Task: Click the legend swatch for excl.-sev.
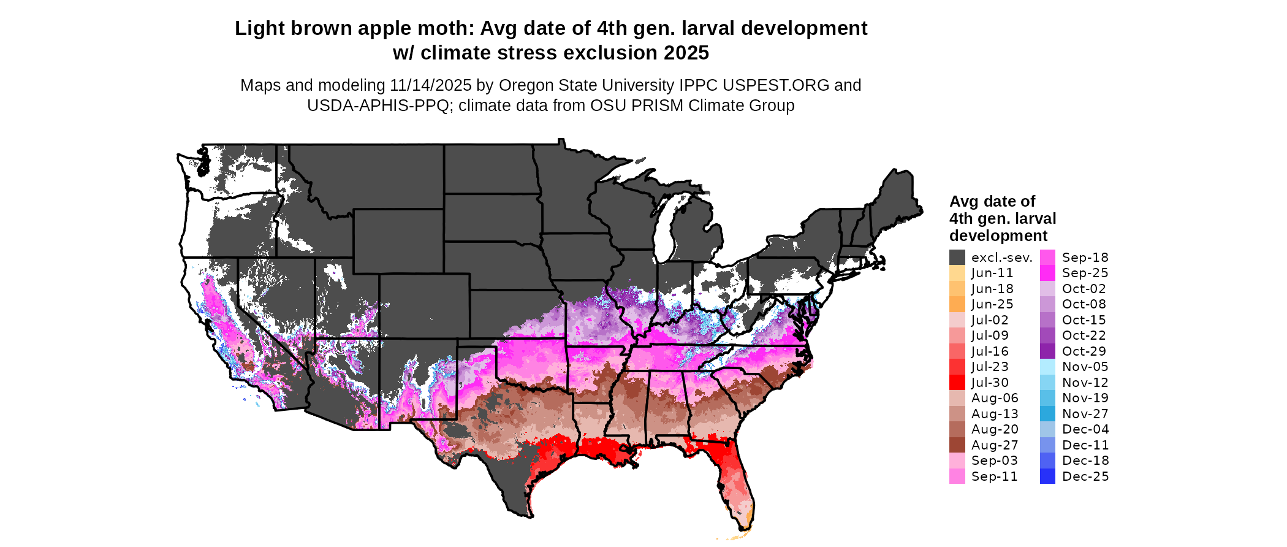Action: click(957, 258)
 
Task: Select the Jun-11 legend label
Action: click(992, 273)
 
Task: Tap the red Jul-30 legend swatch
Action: click(957, 383)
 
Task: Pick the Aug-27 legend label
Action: click(995, 445)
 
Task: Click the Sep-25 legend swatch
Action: click(1047, 273)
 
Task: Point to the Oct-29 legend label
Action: click(1084, 351)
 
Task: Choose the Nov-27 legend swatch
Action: click(1047, 414)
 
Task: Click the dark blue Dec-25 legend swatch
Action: click(1047, 476)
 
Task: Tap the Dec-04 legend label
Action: click(1085, 429)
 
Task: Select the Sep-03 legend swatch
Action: click(957, 461)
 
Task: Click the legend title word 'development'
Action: click(998, 236)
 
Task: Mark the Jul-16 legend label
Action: click(990, 351)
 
